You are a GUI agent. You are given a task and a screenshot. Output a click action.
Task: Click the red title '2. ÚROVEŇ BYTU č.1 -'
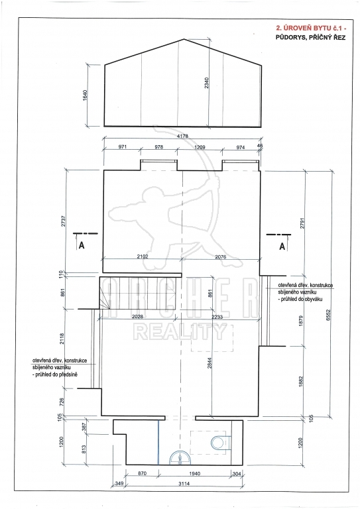tap(310, 28)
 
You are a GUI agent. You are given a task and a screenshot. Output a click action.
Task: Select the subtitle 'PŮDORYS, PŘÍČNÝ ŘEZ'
tap(311, 38)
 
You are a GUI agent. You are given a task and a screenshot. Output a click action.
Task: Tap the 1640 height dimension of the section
tap(86, 95)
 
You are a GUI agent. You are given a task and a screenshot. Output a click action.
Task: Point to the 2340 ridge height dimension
tap(207, 83)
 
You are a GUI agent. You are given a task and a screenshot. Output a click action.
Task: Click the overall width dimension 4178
tap(183, 136)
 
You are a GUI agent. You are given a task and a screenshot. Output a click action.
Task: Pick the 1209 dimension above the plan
tap(200, 147)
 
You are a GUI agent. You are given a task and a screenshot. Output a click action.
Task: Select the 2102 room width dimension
tap(143, 256)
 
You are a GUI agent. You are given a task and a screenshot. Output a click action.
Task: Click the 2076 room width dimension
tap(221, 256)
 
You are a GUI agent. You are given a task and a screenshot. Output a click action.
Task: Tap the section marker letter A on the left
tap(82, 245)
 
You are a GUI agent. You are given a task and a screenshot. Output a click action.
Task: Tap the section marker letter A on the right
tap(282, 247)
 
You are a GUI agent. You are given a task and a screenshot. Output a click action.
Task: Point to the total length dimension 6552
tap(328, 315)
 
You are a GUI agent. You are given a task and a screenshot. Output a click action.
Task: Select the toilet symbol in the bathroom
tap(221, 442)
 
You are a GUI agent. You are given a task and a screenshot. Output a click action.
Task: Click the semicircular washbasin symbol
tap(180, 457)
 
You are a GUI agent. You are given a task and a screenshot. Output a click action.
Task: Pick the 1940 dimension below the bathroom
tap(194, 474)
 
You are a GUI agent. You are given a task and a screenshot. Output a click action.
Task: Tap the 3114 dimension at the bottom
tap(184, 484)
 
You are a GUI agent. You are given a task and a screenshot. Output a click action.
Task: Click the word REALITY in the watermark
tap(180, 332)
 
